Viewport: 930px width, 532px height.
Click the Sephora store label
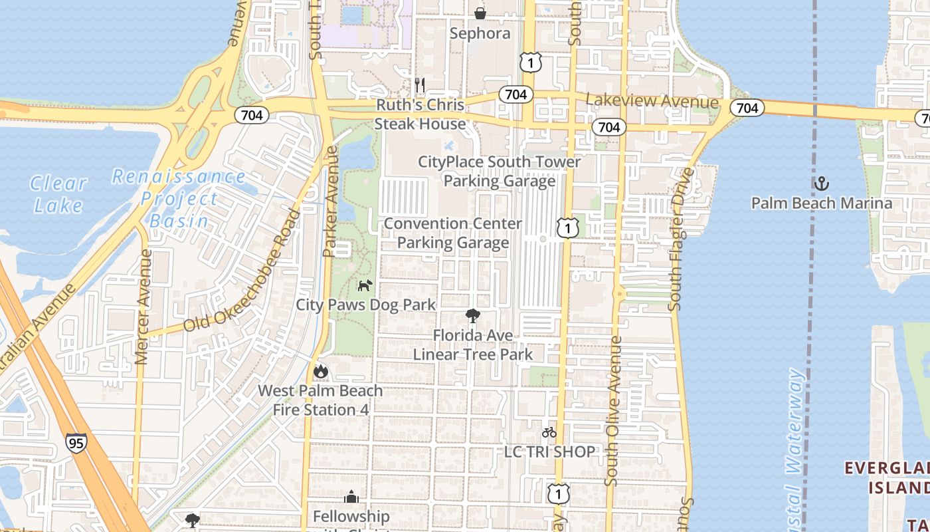(x=480, y=33)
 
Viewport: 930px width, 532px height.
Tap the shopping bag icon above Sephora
(x=480, y=13)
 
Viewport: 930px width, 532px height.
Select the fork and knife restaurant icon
(x=419, y=84)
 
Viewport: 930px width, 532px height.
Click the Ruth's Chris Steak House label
(x=420, y=114)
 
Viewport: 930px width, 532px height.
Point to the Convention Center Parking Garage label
(x=453, y=233)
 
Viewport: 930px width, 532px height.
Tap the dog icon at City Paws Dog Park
(x=365, y=285)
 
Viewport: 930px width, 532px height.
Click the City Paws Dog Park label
(x=365, y=305)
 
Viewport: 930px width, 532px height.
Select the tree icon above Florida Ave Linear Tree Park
(x=472, y=315)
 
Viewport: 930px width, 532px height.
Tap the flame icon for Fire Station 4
(x=321, y=371)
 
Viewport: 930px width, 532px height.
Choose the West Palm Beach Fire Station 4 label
(x=320, y=400)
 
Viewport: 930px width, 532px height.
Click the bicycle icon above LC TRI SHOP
(x=549, y=432)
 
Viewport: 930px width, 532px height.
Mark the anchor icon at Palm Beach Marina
(x=822, y=183)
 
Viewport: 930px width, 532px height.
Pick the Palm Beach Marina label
(x=822, y=203)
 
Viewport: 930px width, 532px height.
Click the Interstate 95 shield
(x=76, y=443)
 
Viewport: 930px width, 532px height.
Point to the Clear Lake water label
(x=58, y=194)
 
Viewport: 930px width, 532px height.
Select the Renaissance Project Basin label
(x=179, y=198)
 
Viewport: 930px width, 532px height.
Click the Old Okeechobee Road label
(x=242, y=273)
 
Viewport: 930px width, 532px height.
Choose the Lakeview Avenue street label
(x=652, y=101)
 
